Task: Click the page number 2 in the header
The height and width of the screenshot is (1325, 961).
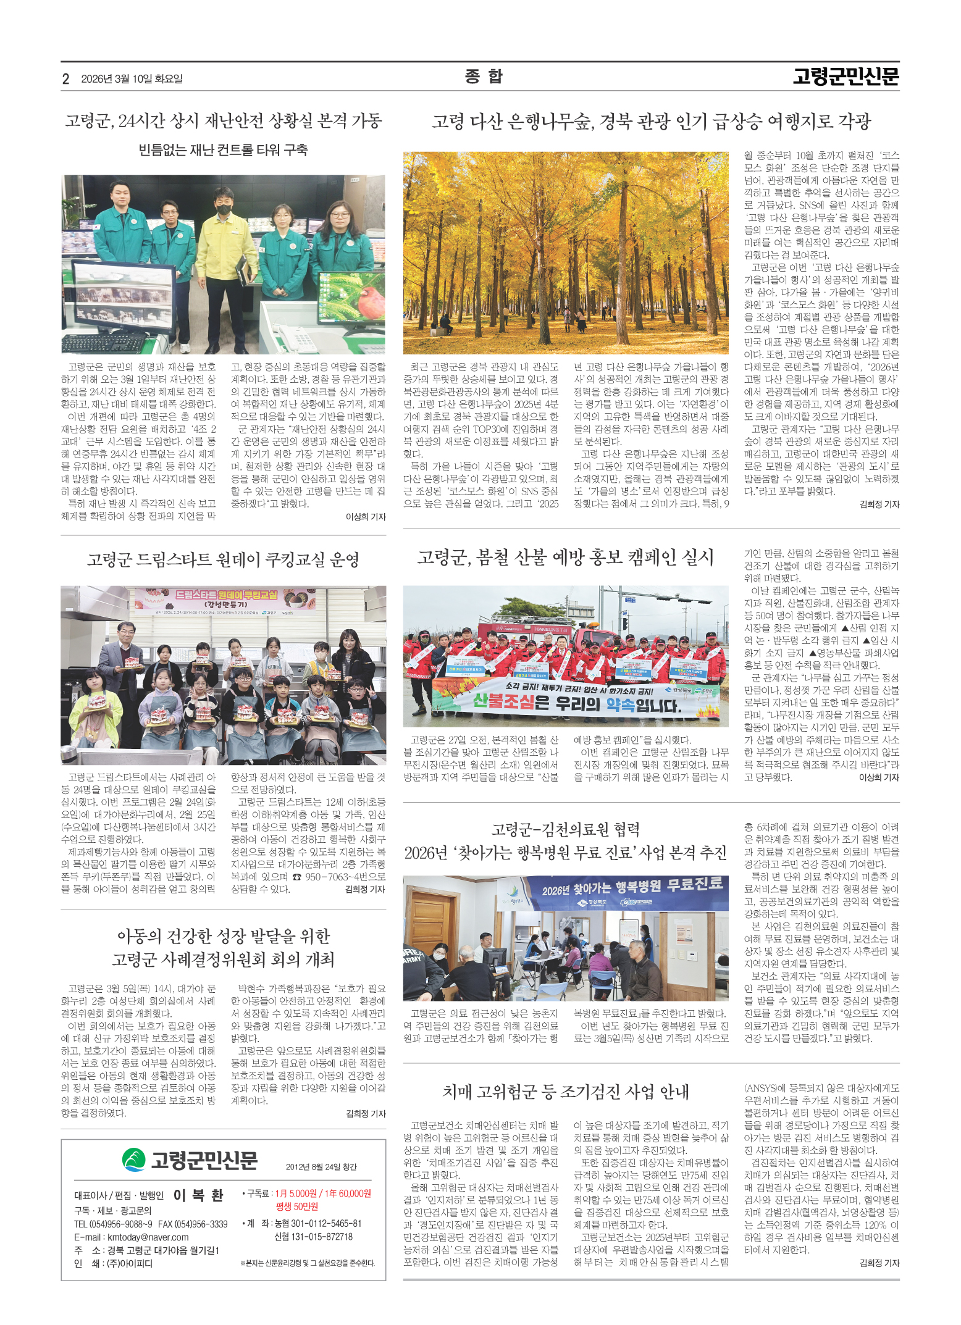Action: [x=65, y=79]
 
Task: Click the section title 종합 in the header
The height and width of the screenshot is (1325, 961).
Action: [x=484, y=77]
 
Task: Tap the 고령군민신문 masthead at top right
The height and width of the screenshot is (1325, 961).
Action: [x=846, y=77]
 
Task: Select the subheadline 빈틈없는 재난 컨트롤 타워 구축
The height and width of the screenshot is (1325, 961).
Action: [x=223, y=150]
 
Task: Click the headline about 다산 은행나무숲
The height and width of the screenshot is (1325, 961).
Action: [x=651, y=122]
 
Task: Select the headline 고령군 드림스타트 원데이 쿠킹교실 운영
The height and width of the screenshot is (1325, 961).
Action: [x=223, y=560]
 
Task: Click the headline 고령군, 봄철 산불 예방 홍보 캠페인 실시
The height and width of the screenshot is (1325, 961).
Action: [x=565, y=558]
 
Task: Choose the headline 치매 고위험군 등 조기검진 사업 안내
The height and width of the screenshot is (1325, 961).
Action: [x=565, y=1092]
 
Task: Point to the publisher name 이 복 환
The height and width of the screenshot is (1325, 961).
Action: [x=198, y=1195]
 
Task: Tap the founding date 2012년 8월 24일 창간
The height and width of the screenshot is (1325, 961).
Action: [x=321, y=1166]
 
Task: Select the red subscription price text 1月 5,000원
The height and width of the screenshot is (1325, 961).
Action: [x=296, y=1193]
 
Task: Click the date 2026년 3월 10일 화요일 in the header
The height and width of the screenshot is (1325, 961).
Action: [x=132, y=79]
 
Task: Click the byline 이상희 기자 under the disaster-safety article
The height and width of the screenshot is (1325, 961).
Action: [x=366, y=517]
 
